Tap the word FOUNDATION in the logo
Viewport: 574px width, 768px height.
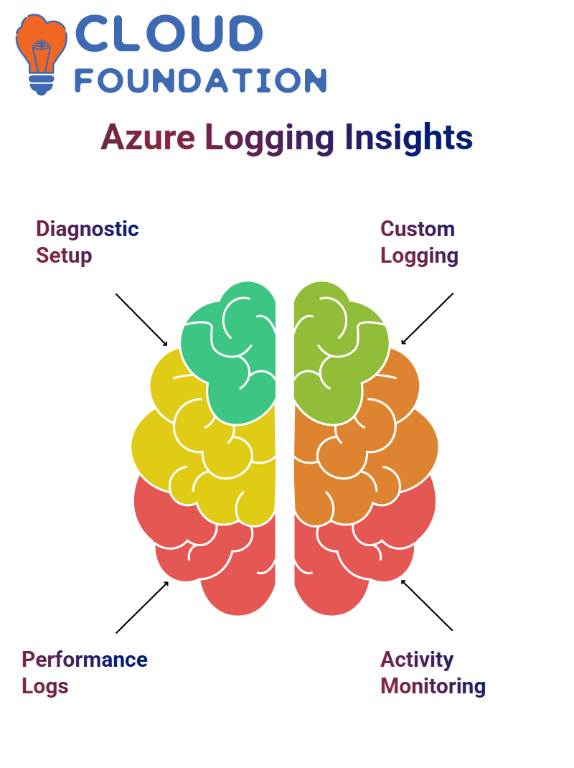click(x=200, y=80)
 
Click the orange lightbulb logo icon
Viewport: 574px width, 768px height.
click(x=41, y=55)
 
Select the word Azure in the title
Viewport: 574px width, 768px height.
click(x=148, y=138)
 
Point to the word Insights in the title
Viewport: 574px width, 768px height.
click(x=409, y=137)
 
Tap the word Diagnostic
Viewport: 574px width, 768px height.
click(x=88, y=229)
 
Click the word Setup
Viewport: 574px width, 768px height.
click(x=64, y=256)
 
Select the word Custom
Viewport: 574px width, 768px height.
click(x=418, y=229)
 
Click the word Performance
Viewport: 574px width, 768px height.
click(x=85, y=660)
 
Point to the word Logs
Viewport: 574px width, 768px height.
click(x=45, y=687)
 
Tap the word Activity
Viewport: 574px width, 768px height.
click(x=417, y=660)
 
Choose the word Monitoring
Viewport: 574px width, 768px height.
click(x=433, y=687)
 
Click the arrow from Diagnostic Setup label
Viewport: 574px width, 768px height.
click(x=141, y=320)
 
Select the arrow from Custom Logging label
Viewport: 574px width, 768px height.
click(x=427, y=319)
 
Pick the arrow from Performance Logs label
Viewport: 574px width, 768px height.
click(x=142, y=607)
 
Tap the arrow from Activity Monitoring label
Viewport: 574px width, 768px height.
click(x=427, y=605)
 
